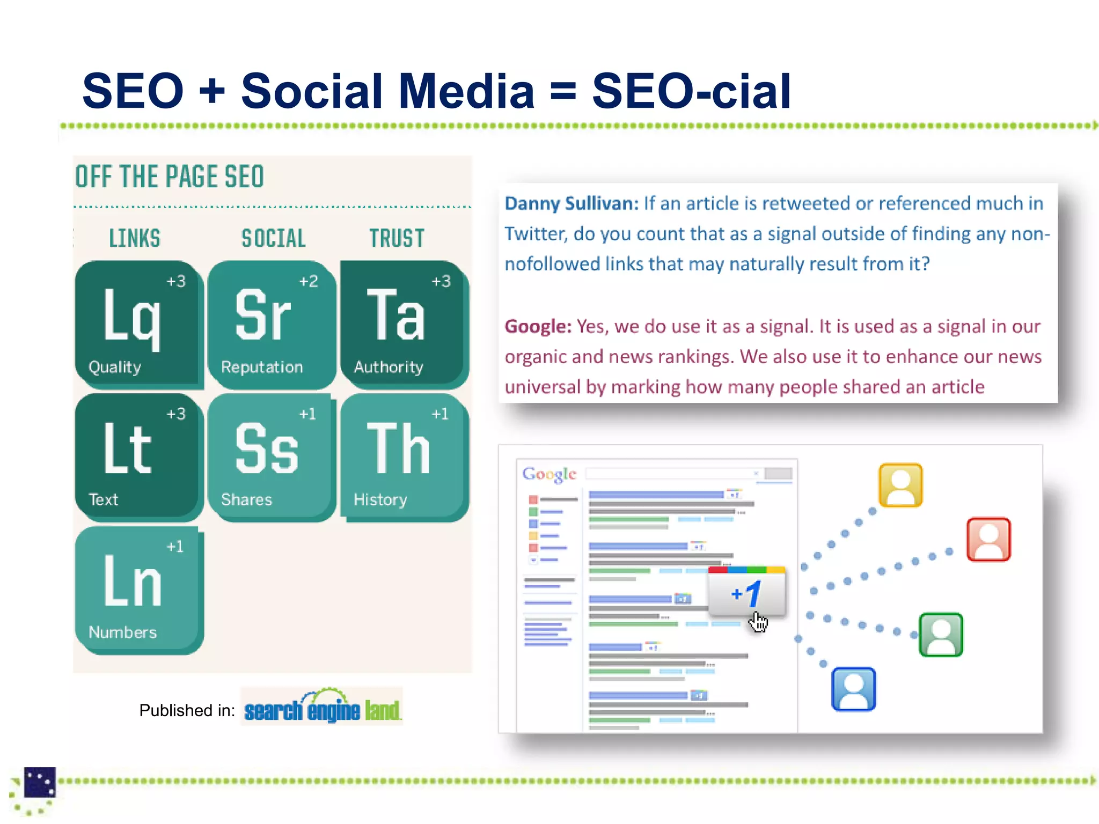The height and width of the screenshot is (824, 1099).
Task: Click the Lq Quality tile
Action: point(138,323)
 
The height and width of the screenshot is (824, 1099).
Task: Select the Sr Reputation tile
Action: point(272,323)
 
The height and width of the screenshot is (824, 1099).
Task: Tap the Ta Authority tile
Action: point(404,323)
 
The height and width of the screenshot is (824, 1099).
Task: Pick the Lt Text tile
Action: point(138,457)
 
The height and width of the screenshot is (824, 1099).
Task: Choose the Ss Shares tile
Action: point(272,457)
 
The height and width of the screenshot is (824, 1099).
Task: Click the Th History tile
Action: point(404,457)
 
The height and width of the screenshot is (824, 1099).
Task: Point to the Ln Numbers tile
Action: point(138,589)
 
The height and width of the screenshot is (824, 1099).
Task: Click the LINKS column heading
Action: point(135,238)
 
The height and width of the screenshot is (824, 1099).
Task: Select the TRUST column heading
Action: point(397,238)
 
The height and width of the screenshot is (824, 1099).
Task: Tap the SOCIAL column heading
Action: point(273,238)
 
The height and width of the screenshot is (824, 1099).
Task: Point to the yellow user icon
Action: point(900,485)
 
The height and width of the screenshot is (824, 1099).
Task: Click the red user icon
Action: point(988,539)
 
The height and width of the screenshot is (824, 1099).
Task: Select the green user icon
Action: point(941,635)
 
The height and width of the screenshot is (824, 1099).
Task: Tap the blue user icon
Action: point(853,689)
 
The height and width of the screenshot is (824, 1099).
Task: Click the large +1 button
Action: point(746,592)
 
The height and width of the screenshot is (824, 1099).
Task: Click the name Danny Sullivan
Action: point(571,203)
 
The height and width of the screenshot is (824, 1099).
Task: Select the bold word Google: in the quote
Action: point(538,326)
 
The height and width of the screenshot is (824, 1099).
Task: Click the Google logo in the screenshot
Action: point(549,474)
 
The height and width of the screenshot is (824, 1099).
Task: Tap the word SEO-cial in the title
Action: point(691,91)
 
